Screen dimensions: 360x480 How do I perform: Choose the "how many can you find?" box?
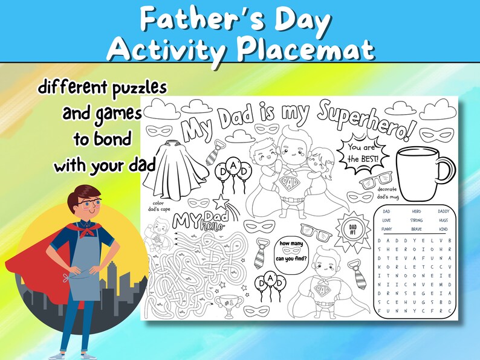[x=292, y=252]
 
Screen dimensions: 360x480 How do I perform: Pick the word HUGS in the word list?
[x=443, y=220]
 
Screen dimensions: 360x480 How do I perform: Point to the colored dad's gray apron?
[x=79, y=275]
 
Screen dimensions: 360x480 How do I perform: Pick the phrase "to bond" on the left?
[x=102, y=139]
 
